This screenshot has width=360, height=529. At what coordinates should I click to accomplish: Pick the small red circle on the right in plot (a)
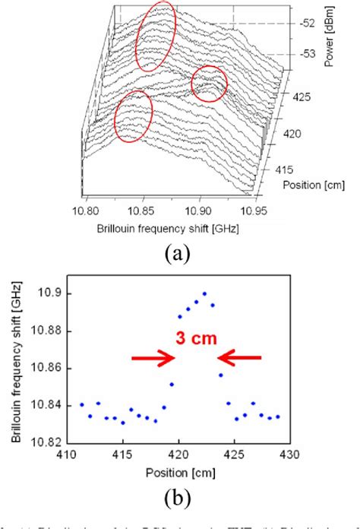(x=209, y=84)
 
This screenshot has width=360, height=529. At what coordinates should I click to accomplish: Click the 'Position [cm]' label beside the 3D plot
(x=308, y=184)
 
